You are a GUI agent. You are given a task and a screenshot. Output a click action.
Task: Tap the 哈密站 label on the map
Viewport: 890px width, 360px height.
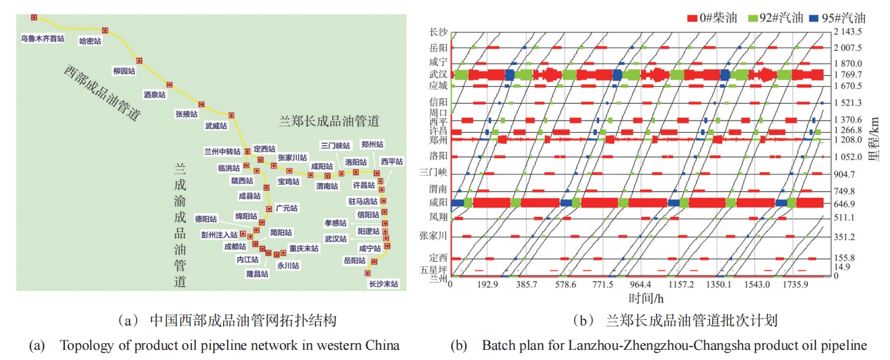(90, 41)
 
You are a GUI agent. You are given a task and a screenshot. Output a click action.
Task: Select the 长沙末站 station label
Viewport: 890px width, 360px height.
(383, 283)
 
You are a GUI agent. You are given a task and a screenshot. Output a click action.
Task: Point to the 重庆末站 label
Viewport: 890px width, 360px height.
(304, 248)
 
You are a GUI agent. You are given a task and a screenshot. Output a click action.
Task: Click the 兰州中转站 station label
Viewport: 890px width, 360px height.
(222, 151)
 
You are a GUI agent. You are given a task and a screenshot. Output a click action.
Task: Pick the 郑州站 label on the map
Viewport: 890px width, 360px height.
(372, 145)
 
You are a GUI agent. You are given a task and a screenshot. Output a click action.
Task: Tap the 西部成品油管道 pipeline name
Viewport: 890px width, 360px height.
(102, 93)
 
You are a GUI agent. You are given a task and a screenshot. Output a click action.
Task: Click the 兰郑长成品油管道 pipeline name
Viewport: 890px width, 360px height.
(329, 121)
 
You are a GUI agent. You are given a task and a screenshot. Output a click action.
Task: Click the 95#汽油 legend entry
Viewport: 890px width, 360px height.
(839, 18)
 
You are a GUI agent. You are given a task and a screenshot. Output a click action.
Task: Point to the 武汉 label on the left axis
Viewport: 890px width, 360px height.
(438, 75)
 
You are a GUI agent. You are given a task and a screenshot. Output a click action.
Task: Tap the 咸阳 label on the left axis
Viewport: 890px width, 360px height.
(438, 202)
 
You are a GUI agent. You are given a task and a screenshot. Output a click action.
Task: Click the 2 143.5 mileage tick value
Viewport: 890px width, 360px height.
(848, 32)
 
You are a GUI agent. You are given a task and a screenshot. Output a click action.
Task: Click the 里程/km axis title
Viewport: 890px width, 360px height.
(878, 152)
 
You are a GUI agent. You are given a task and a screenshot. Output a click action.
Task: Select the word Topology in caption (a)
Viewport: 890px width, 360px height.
(82, 346)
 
